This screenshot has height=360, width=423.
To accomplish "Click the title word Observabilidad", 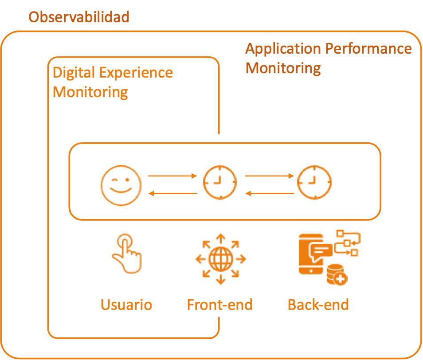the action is pyautogui.click(x=79, y=17).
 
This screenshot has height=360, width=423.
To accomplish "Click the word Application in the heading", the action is pyautogui.click(x=283, y=49).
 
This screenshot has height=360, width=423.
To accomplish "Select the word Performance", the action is pyautogui.click(x=368, y=48).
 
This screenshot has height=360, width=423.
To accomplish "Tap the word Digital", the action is pyautogui.click(x=74, y=73).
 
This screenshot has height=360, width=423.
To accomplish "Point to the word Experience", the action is pyautogui.click(x=136, y=73).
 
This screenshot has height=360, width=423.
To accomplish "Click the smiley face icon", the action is pyautogui.click(x=121, y=185).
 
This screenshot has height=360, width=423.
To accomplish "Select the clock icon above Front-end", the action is pyautogui.click(x=220, y=182).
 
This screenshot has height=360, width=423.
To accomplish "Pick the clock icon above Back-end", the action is pyautogui.click(x=314, y=182).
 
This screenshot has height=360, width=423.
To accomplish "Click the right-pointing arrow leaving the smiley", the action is pyautogui.click(x=172, y=176).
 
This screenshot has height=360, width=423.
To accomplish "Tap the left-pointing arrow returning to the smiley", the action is pyautogui.click(x=172, y=193).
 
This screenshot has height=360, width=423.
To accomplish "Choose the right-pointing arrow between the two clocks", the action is pyautogui.click(x=270, y=176).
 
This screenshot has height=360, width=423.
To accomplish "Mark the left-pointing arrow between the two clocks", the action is pyautogui.click(x=270, y=193).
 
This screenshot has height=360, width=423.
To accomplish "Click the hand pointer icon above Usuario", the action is pyautogui.click(x=127, y=254).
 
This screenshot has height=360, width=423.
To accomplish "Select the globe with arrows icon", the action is pyautogui.click(x=221, y=259).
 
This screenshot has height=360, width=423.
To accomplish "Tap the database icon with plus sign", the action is pyautogui.click(x=337, y=274).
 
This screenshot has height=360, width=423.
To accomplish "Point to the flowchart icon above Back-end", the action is pyautogui.click(x=348, y=243).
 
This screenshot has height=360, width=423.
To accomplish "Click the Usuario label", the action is pyautogui.click(x=126, y=305).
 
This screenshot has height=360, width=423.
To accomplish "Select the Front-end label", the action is pyautogui.click(x=220, y=305).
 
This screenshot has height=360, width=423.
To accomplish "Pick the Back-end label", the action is pyautogui.click(x=318, y=305).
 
